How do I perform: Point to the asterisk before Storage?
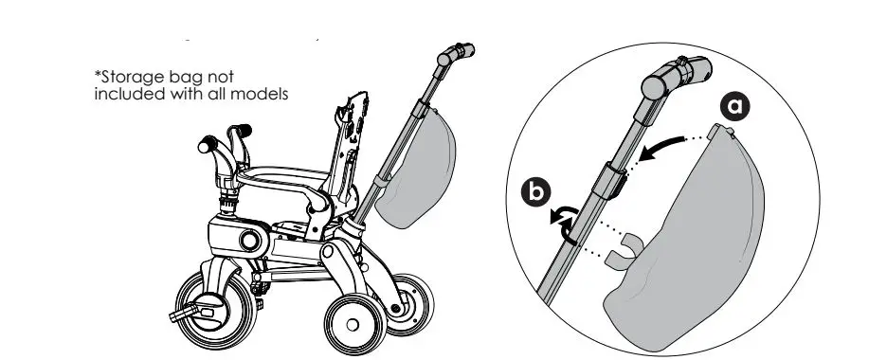click(97, 74)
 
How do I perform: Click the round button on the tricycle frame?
click(251, 241)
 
